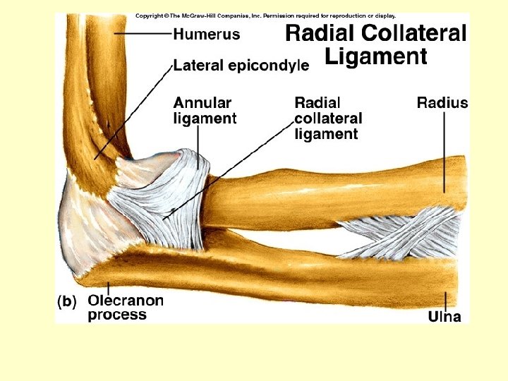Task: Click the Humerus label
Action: click(206, 33)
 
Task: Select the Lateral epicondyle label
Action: click(241, 66)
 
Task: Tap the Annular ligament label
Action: click(205, 111)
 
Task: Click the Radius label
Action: click(442, 103)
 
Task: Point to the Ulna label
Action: click(445, 317)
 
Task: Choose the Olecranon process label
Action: click(125, 307)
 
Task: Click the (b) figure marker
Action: click(67, 301)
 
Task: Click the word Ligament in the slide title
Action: click(376, 56)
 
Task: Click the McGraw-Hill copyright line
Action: click(265, 15)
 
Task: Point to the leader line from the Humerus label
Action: click(141, 33)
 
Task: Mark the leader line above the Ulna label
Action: click(445, 300)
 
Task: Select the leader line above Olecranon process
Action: click(108, 287)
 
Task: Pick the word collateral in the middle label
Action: click(328, 119)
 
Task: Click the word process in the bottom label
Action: click(117, 315)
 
